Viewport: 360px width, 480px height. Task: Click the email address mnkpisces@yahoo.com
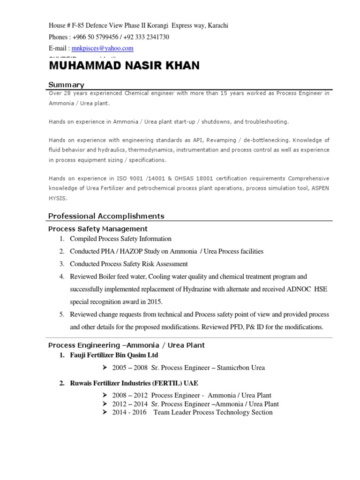tap(102, 48)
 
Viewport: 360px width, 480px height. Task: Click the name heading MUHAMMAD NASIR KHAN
tap(124, 66)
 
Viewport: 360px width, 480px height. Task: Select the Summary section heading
tap(67, 85)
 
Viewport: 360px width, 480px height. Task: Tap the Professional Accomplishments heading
tap(106, 216)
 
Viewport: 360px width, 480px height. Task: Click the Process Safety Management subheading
tap(98, 229)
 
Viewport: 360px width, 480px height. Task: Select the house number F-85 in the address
tap(78, 26)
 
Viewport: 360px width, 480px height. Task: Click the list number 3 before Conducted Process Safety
tap(61, 264)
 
